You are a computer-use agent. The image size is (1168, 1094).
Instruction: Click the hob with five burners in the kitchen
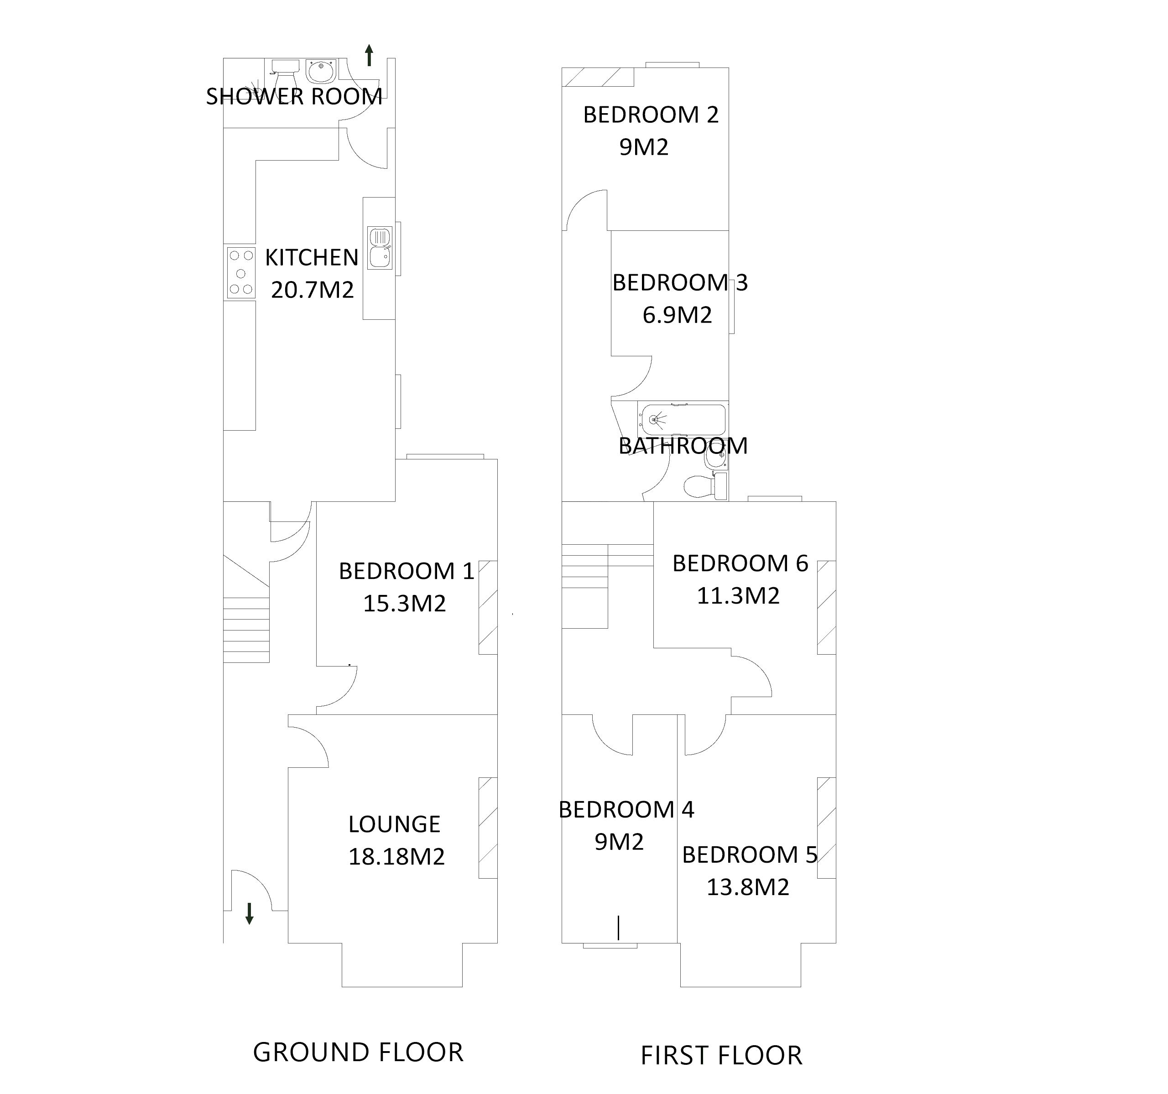point(241,273)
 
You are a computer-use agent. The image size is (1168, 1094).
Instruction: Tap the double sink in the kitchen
point(380,248)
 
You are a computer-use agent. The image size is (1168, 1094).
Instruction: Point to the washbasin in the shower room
point(320,71)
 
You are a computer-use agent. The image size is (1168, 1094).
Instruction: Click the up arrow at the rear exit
point(369,55)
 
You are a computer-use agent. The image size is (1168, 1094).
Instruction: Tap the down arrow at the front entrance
point(249,913)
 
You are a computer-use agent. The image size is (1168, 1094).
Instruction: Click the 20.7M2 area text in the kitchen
point(312,290)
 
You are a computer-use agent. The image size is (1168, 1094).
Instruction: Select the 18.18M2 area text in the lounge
point(396,857)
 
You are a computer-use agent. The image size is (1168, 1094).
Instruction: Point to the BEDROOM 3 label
point(680,282)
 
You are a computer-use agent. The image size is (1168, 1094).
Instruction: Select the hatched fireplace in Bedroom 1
point(488,608)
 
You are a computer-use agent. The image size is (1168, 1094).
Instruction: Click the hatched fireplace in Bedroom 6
point(826,608)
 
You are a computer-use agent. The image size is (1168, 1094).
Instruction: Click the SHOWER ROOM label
point(294,96)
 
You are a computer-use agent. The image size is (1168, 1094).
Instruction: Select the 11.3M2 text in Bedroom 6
point(738,596)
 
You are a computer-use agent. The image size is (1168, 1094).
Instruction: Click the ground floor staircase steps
point(246,629)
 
